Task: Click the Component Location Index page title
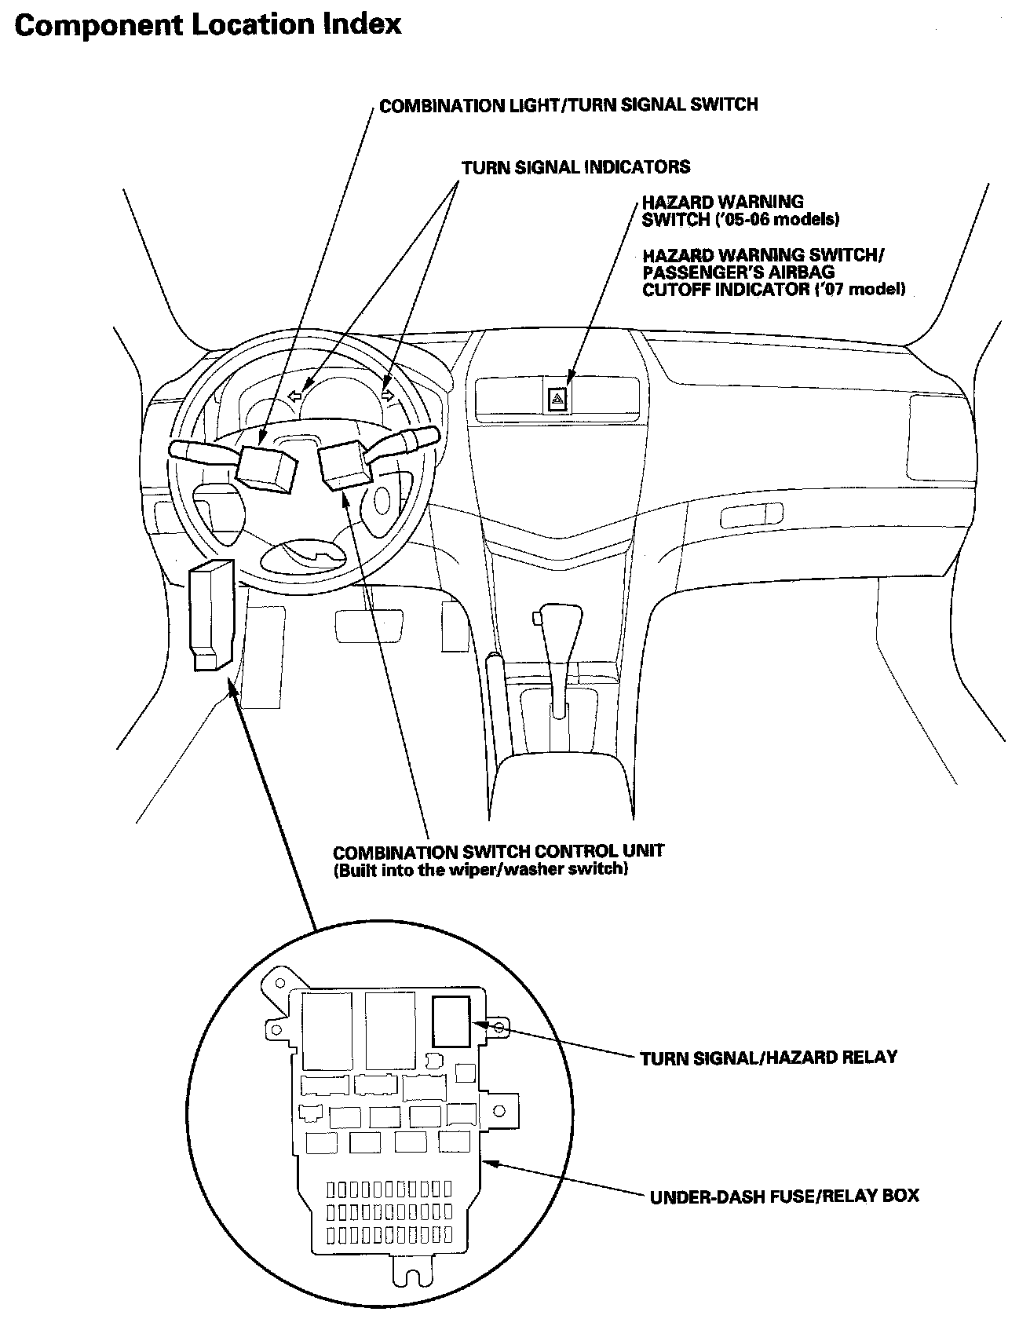(x=208, y=25)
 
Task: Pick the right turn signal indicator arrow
(x=386, y=395)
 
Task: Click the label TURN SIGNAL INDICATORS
(x=575, y=167)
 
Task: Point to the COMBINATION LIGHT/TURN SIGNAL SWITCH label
(x=568, y=105)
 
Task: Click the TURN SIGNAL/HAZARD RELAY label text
(x=769, y=1058)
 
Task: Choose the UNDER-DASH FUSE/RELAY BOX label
(x=784, y=1197)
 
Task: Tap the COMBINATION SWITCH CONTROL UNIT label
(x=499, y=851)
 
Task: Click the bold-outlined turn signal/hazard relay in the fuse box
(x=451, y=1021)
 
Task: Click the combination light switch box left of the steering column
(x=266, y=466)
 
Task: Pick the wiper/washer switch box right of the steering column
(x=345, y=464)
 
